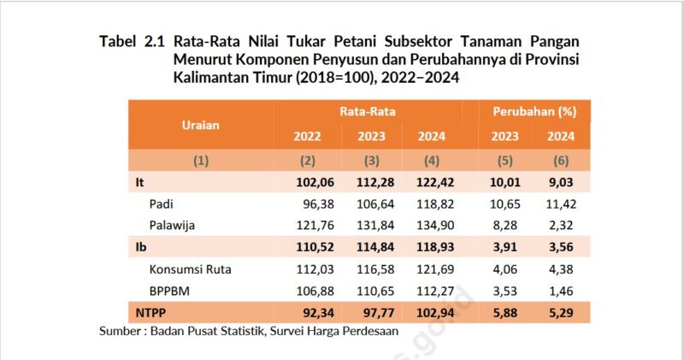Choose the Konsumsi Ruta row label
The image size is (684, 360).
point(190,269)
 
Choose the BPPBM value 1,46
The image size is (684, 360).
point(559,291)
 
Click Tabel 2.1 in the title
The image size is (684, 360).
point(132,41)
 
